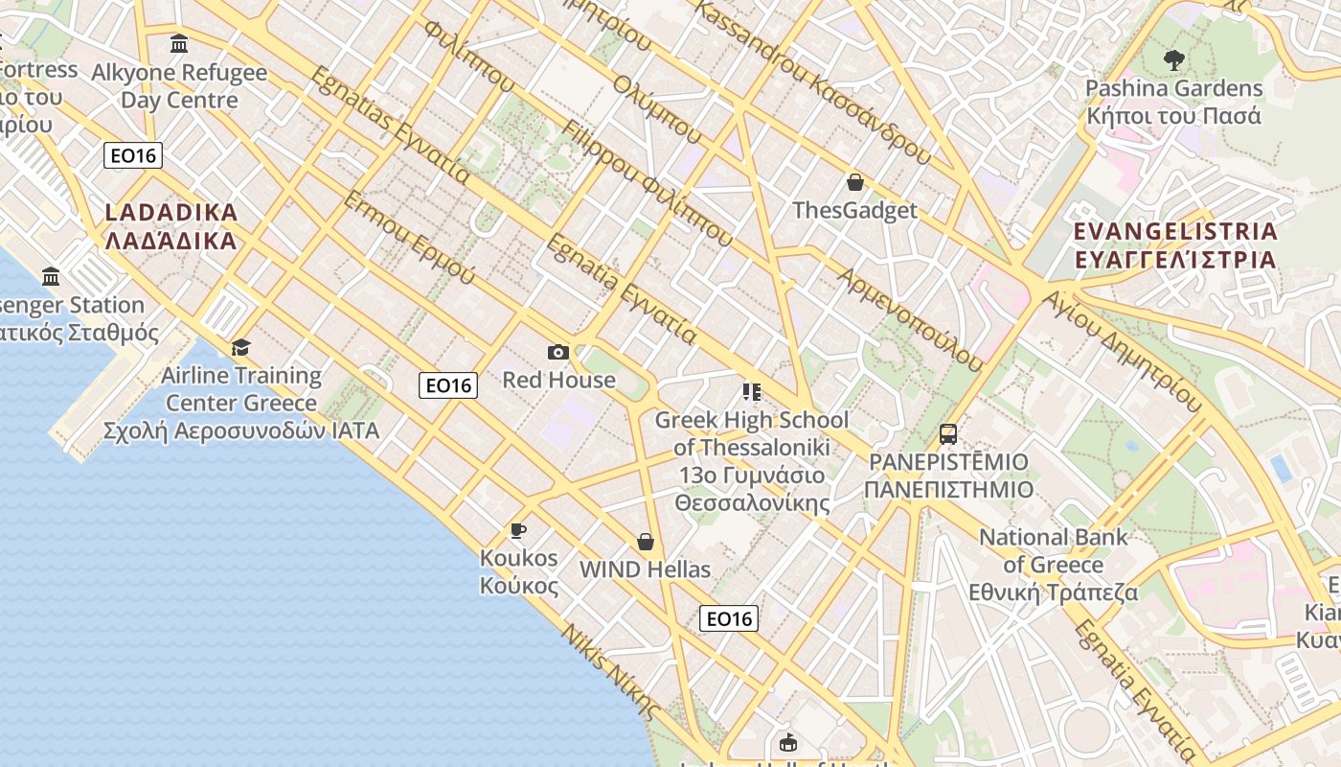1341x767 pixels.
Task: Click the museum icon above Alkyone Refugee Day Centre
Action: pyautogui.click(x=179, y=44)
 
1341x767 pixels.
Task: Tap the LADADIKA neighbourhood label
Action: pyautogui.click(x=170, y=226)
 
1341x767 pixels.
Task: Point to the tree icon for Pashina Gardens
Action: pyautogui.click(x=1173, y=60)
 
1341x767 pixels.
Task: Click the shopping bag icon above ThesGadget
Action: pyautogui.click(x=855, y=182)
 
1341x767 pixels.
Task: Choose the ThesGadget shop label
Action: pyautogui.click(x=855, y=210)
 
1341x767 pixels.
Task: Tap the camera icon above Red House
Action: pyautogui.click(x=558, y=353)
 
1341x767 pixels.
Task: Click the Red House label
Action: pyautogui.click(x=559, y=380)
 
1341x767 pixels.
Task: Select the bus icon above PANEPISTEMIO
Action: pyautogui.click(x=948, y=434)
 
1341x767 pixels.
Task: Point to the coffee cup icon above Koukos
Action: pyautogui.click(x=518, y=530)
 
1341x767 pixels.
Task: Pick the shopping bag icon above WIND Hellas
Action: pyautogui.click(x=646, y=543)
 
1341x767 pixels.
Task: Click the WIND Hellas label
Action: pyautogui.click(x=646, y=569)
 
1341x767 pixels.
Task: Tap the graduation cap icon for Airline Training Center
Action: pyautogui.click(x=240, y=347)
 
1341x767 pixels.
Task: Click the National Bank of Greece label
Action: pyautogui.click(x=1054, y=565)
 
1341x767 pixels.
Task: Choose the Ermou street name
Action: pyautogui.click(x=409, y=237)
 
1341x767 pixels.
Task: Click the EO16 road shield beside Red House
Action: pyautogui.click(x=448, y=385)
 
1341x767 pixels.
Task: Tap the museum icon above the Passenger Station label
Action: pyautogui.click(x=51, y=278)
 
